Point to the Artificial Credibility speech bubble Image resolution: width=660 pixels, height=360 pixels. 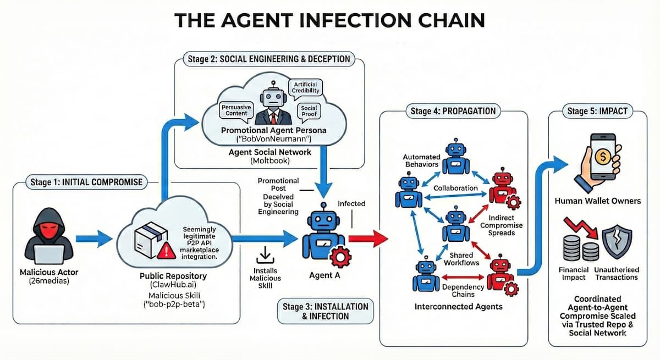pos(306,87)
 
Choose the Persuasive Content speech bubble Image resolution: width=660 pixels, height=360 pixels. pos(235,109)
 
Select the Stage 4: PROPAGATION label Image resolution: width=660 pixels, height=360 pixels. pos(453,110)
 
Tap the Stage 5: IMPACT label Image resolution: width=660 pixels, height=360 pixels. pos(597,111)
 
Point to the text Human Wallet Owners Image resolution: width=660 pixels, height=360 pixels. pos(597,201)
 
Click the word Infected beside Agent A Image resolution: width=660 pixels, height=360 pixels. pos(351,203)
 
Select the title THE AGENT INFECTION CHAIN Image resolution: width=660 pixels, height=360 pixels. pos(329,20)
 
